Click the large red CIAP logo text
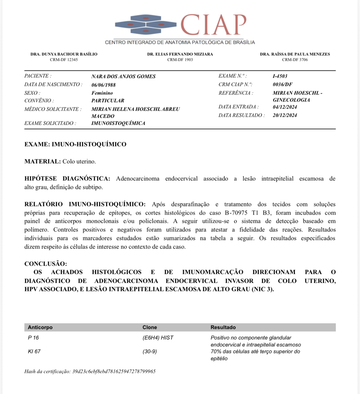click(213, 25)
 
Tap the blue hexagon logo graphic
click(146, 24)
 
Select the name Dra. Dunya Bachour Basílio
click(64, 54)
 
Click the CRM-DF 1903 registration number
click(180, 60)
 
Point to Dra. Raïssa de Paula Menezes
click(295, 54)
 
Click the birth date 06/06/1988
click(104, 85)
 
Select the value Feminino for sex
click(102, 93)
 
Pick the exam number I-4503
click(280, 76)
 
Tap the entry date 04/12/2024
click(285, 107)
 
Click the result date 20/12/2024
click(285, 115)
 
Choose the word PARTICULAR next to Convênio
click(108, 101)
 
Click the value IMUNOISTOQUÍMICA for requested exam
click(118, 123)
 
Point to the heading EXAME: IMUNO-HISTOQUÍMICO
click(75, 144)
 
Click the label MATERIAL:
click(43, 161)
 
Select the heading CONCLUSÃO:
click(45, 263)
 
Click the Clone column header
click(150, 327)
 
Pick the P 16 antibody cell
click(33, 338)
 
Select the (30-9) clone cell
click(150, 352)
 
